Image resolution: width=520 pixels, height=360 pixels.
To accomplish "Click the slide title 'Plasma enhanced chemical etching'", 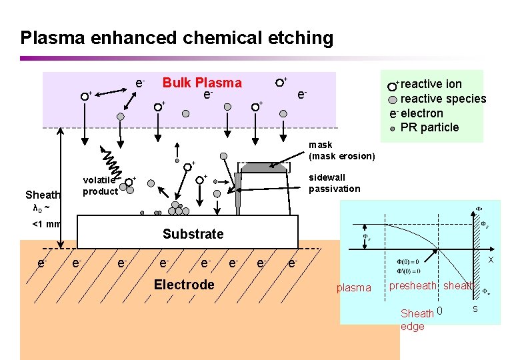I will point(177,37).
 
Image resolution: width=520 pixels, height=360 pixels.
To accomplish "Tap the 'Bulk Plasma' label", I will point(202,83).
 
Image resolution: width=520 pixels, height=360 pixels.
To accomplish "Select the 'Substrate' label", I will point(193,234).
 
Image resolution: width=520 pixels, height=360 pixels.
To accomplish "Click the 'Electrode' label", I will point(184,285).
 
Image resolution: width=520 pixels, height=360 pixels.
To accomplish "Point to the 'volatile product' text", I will point(100,185).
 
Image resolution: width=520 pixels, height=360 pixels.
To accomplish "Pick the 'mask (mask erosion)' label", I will point(341,151).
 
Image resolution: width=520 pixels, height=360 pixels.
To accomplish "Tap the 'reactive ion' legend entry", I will point(431,84).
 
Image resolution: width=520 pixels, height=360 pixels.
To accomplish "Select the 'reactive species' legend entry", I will point(443,99).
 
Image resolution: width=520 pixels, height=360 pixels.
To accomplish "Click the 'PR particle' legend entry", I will point(429,127).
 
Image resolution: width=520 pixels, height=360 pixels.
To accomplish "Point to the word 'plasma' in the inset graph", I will point(353,287).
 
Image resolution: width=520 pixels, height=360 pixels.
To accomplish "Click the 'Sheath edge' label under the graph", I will point(416,319).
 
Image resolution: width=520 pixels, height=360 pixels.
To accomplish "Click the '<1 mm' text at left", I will point(46,223).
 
